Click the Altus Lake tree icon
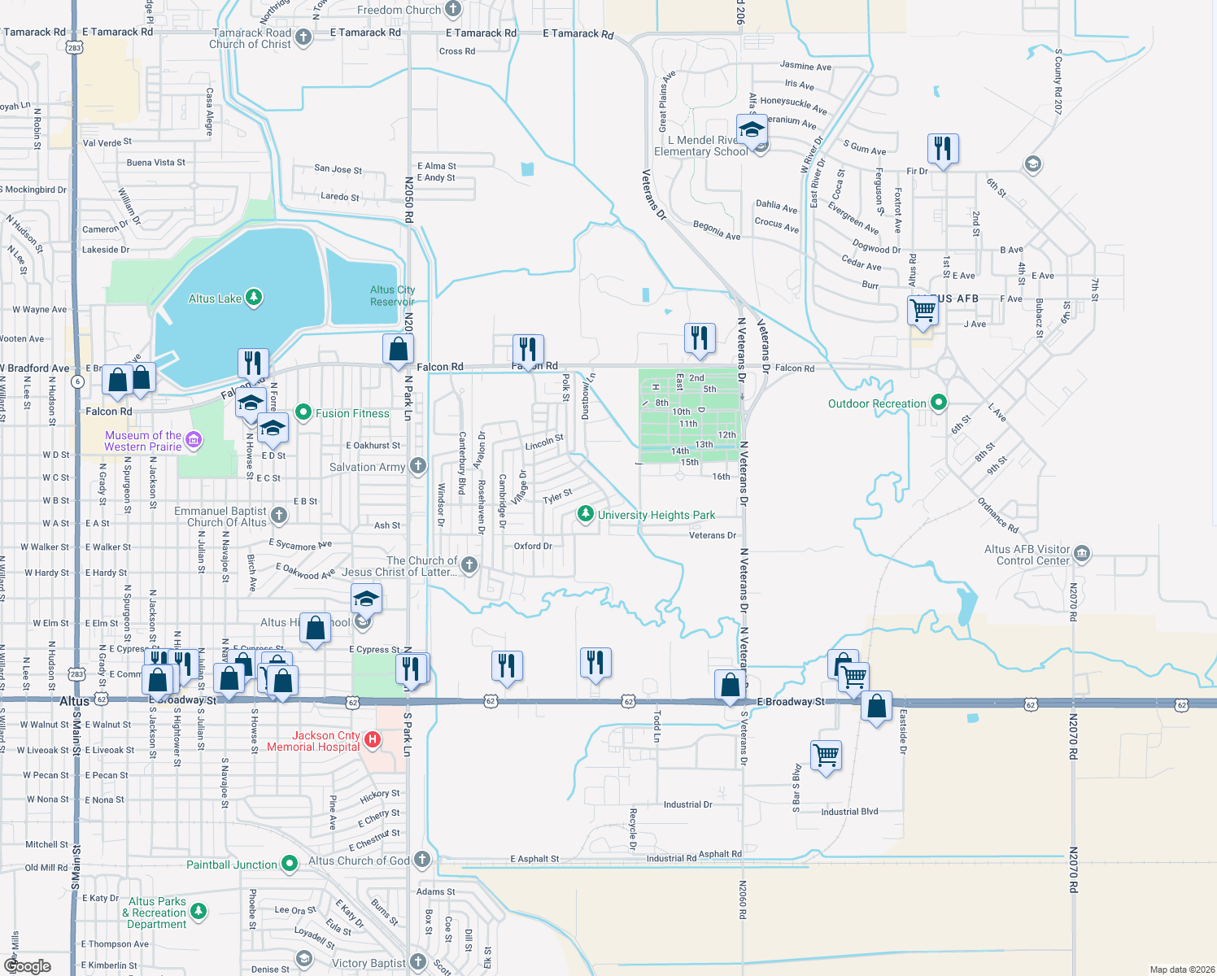(x=254, y=298)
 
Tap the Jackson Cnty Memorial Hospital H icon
(x=373, y=739)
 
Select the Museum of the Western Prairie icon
(x=193, y=440)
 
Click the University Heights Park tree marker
(x=585, y=514)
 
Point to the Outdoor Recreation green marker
(x=939, y=403)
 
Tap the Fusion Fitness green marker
(x=303, y=412)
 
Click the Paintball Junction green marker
(x=290, y=864)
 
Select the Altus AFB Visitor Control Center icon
(x=1081, y=554)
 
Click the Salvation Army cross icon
(x=417, y=466)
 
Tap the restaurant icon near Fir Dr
(x=942, y=149)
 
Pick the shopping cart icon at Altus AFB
(x=923, y=310)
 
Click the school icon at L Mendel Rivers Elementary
(x=752, y=130)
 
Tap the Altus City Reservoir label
(x=392, y=295)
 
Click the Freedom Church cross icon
(x=453, y=10)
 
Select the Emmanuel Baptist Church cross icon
(x=279, y=515)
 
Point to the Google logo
(x=28, y=965)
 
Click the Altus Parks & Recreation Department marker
(x=198, y=912)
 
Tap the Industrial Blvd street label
(x=849, y=812)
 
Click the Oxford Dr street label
(x=533, y=546)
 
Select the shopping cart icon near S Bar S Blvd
(x=826, y=756)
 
